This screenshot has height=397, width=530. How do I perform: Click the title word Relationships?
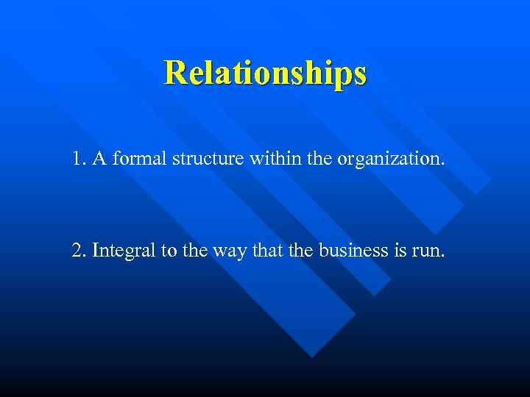[265, 73]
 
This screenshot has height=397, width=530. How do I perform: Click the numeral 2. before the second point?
[79, 251]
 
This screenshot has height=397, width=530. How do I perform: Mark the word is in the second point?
[409, 251]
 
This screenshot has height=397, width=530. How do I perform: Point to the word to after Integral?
[169, 251]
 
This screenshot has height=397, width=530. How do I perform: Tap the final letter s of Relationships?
[360, 74]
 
